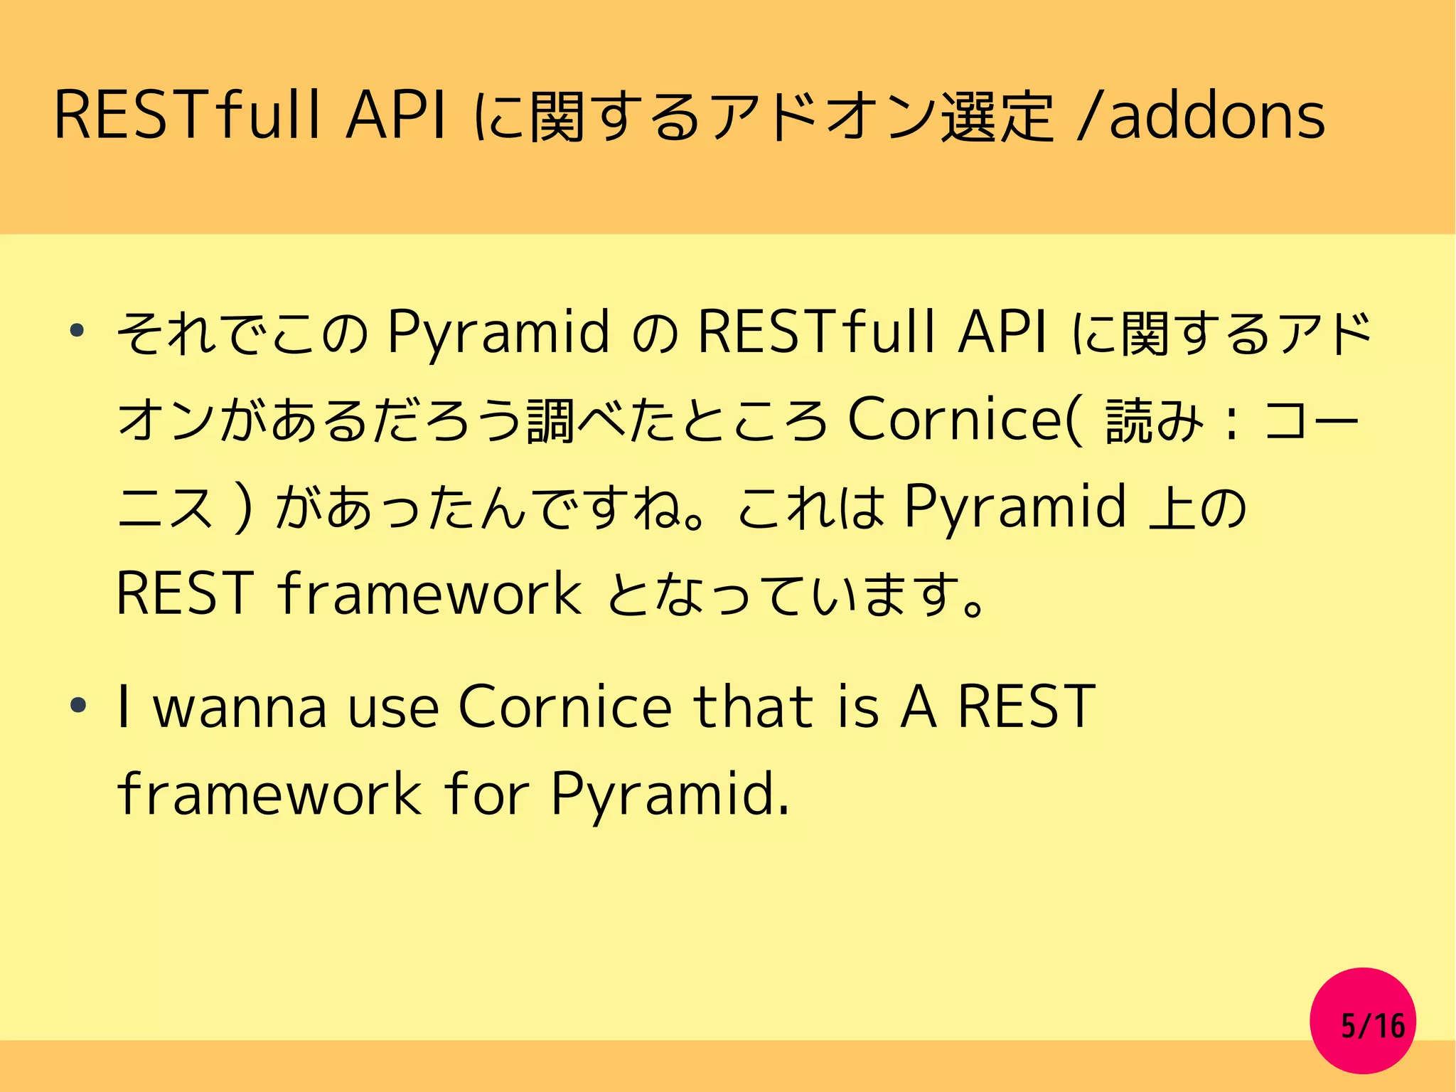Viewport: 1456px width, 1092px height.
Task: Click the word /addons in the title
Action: pyautogui.click(x=1201, y=116)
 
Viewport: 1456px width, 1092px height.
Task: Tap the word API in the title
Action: pyautogui.click(x=396, y=116)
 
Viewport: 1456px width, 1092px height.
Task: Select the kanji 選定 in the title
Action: pyautogui.click(x=997, y=116)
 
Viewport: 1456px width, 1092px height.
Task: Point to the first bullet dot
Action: pyautogui.click(x=77, y=331)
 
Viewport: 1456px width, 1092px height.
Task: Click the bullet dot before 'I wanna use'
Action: pyautogui.click(x=77, y=706)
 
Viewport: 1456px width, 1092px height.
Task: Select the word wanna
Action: pyautogui.click(x=240, y=707)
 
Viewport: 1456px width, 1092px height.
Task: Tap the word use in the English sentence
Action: pyautogui.click(x=392, y=709)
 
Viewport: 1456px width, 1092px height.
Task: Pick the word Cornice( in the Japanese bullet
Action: pyautogui.click(x=965, y=420)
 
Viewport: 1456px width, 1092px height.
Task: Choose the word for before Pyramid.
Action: pyautogui.click(x=486, y=794)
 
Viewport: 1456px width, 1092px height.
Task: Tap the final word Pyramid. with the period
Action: pyautogui.click(x=670, y=795)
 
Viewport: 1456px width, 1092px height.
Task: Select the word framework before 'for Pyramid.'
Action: pyautogui.click(x=270, y=794)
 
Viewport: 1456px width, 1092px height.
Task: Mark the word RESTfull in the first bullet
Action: pyautogui.click(x=815, y=332)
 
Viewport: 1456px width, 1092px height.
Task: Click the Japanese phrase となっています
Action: pyautogui.click(x=796, y=595)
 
